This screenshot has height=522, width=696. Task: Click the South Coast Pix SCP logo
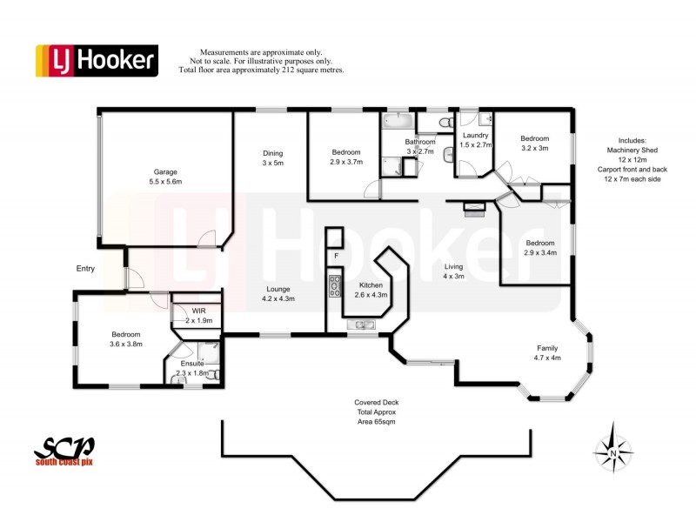[64, 452]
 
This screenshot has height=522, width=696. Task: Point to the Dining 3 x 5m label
[272, 157]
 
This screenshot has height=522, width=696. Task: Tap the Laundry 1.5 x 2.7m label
[476, 140]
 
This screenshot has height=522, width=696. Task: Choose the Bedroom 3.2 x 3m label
[534, 144]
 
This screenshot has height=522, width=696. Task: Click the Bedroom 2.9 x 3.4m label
[539, 248]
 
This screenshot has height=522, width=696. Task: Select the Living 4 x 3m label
[454, 271]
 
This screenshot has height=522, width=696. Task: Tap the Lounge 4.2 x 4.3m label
[278, 294]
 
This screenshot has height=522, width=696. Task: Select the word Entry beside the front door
[84, 269]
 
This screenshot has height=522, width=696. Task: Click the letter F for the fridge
[335, 257]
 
